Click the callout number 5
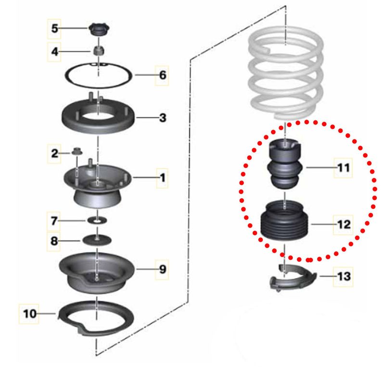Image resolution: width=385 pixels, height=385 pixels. [x=54, y=28]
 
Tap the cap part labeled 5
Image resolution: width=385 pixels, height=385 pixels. [x=99, y=30]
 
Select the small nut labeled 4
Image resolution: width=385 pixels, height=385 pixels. [x=99, y=51]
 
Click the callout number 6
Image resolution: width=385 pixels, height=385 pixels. [x=162, y=75]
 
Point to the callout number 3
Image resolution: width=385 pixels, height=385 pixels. [x=163, y=117]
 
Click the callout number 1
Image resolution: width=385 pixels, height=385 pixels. [x=163, y=178]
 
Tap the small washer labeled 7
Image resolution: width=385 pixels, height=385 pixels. [x=98, y=221]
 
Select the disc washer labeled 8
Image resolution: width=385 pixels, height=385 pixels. [x=97, y=240]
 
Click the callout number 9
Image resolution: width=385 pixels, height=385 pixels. [x=163, y=269]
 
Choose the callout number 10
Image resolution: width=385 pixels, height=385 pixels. [x=30, y=314]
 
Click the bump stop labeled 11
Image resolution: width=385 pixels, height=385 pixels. [x=285, y=164]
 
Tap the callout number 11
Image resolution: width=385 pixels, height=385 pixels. [x=344, y=167]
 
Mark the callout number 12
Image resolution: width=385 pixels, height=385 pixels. [x=344, y=224]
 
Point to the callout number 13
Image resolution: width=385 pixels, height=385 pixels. [x=344, y=276]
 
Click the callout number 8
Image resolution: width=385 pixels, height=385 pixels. [x=54, y=241]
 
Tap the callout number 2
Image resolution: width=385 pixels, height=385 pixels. [x=54, y=154]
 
